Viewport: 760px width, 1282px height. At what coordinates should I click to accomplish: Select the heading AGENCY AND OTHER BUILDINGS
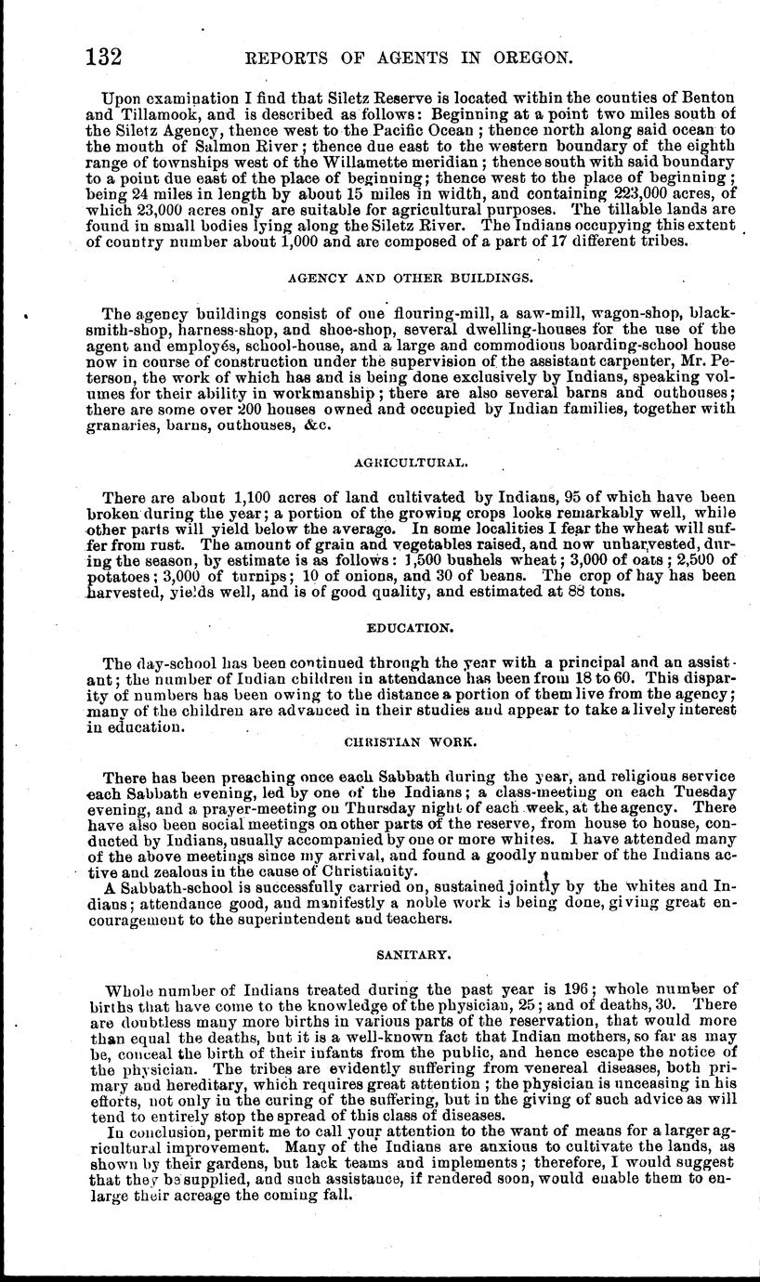(410, 278)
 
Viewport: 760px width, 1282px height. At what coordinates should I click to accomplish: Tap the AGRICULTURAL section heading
(411, 461)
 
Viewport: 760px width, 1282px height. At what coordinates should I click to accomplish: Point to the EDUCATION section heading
(410, 628)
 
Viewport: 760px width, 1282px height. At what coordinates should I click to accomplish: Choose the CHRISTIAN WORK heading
(410, 743)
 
